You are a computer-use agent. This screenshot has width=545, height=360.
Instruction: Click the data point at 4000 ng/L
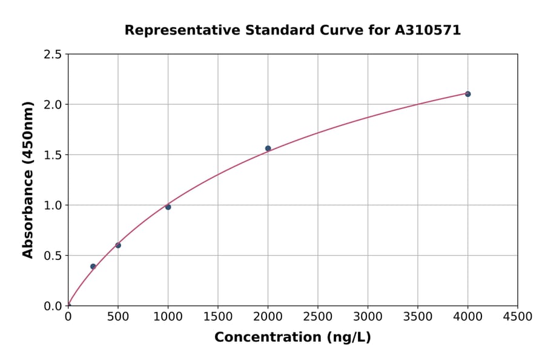point(467,94)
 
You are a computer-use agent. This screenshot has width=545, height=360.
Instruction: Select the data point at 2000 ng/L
point(268,148)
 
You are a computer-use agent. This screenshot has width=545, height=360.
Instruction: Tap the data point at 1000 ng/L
point(168,207)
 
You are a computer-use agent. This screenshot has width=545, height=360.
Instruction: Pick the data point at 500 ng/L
point(118,245)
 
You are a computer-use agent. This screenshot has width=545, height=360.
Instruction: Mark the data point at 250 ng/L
point(93,267)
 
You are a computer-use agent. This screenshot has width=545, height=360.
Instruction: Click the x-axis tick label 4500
point(517,317)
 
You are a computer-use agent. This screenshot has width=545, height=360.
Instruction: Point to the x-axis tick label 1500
point(217,317)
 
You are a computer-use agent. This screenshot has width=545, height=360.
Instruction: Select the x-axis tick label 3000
point(368,317)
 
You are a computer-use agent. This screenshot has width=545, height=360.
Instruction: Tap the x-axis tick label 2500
point(317,317)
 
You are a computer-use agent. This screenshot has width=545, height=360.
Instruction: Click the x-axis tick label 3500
point(417,317)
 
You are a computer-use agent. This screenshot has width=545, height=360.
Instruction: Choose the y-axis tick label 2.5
point(53,55)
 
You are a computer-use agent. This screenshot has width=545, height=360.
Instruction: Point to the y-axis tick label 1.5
point(53,155)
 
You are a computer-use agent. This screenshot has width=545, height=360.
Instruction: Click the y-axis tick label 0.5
point(53,256)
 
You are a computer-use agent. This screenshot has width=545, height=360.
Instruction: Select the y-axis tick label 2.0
point(53,105)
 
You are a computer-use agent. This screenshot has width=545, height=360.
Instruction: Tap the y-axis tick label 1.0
point(53,205)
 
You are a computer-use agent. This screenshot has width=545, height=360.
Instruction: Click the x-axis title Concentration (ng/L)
point(292,338)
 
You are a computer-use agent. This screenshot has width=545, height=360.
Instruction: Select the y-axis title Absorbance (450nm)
point(28,179)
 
